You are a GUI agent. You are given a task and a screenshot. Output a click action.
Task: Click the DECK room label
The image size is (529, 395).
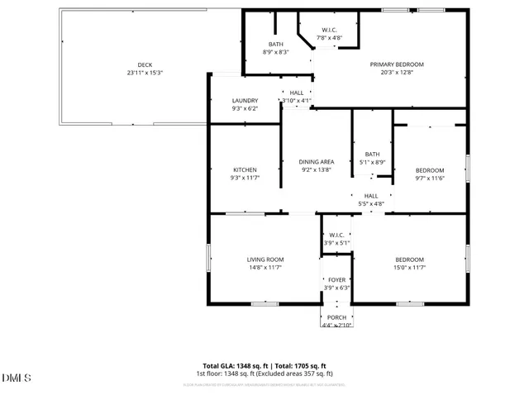pyautogui.click(x=145, y=64)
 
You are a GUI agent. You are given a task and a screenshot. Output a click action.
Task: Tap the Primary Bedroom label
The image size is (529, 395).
pyautogui.click(x=397, y=64)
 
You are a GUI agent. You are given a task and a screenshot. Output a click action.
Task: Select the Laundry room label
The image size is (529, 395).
pyautogui.click(x=245, y=101)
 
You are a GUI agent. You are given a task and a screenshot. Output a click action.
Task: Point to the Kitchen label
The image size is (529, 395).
pyautogui.click(x=245, y=170)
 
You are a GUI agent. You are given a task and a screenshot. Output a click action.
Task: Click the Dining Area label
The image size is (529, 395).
pyautogui.click(x=316, y=162)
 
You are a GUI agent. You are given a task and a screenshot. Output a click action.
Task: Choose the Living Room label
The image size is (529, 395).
pyautogui.click(x=265, y=259)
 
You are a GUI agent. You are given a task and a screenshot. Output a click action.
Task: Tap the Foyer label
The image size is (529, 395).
pyautogui.click(x=336, y=279)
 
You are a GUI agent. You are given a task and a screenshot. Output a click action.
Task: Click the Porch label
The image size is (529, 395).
pyautogui.click(x=336, y=317)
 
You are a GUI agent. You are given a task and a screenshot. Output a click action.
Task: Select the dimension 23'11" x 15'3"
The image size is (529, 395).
pyautogui.click(x=145, y=73)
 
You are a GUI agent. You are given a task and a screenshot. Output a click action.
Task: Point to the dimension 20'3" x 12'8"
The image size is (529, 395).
pyautogui.click(x=397, y=73)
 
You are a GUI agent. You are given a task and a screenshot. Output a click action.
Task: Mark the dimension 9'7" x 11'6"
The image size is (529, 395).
pyautogui.click(x=429, y=178)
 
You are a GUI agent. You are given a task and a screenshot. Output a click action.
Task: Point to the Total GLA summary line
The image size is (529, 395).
pyautogui.click(x=264, y=366)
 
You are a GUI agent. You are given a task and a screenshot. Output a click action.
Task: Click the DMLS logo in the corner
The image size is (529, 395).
pyautogui.click(x=17, y=378)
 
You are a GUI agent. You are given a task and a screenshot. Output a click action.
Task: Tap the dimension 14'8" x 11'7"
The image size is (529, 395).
pyautogui.click(x=265, y=268)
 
